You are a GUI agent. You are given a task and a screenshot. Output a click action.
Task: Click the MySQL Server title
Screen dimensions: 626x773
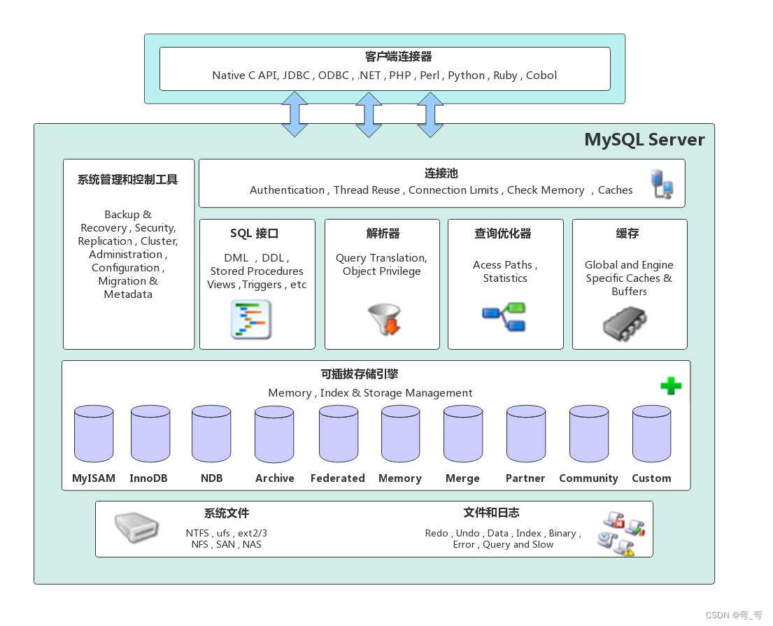pos(644,140)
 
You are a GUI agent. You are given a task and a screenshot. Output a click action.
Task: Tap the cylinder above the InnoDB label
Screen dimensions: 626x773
pos(150,434)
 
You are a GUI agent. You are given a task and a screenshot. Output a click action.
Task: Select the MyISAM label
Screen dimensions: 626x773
pos(94,478)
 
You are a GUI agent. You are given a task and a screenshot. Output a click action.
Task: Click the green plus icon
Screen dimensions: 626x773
pos(671,385)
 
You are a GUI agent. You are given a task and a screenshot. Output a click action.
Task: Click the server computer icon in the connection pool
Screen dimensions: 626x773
pos(662,183)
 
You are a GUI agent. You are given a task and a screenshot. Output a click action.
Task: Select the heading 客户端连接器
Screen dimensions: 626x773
pos(389,57)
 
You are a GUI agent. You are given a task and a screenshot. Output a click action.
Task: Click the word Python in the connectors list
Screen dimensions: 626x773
pos(466,76)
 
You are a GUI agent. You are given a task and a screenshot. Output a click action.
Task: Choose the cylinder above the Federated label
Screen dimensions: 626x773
pos(339,434)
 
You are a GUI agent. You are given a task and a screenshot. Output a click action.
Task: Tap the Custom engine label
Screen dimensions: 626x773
pos(651,478)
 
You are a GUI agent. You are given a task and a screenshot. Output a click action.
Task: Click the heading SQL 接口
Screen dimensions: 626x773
pos(254,234)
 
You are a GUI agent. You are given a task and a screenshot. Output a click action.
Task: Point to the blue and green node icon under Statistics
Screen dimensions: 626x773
pos(504,316)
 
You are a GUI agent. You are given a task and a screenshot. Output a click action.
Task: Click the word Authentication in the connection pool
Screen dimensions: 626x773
pos(287,190)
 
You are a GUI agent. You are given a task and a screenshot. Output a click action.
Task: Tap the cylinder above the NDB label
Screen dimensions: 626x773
pos(211,434)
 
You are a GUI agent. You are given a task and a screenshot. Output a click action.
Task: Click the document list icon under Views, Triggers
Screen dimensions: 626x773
pos(251,320)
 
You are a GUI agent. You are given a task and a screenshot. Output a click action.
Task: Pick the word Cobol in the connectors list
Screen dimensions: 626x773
pos(541,76)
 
